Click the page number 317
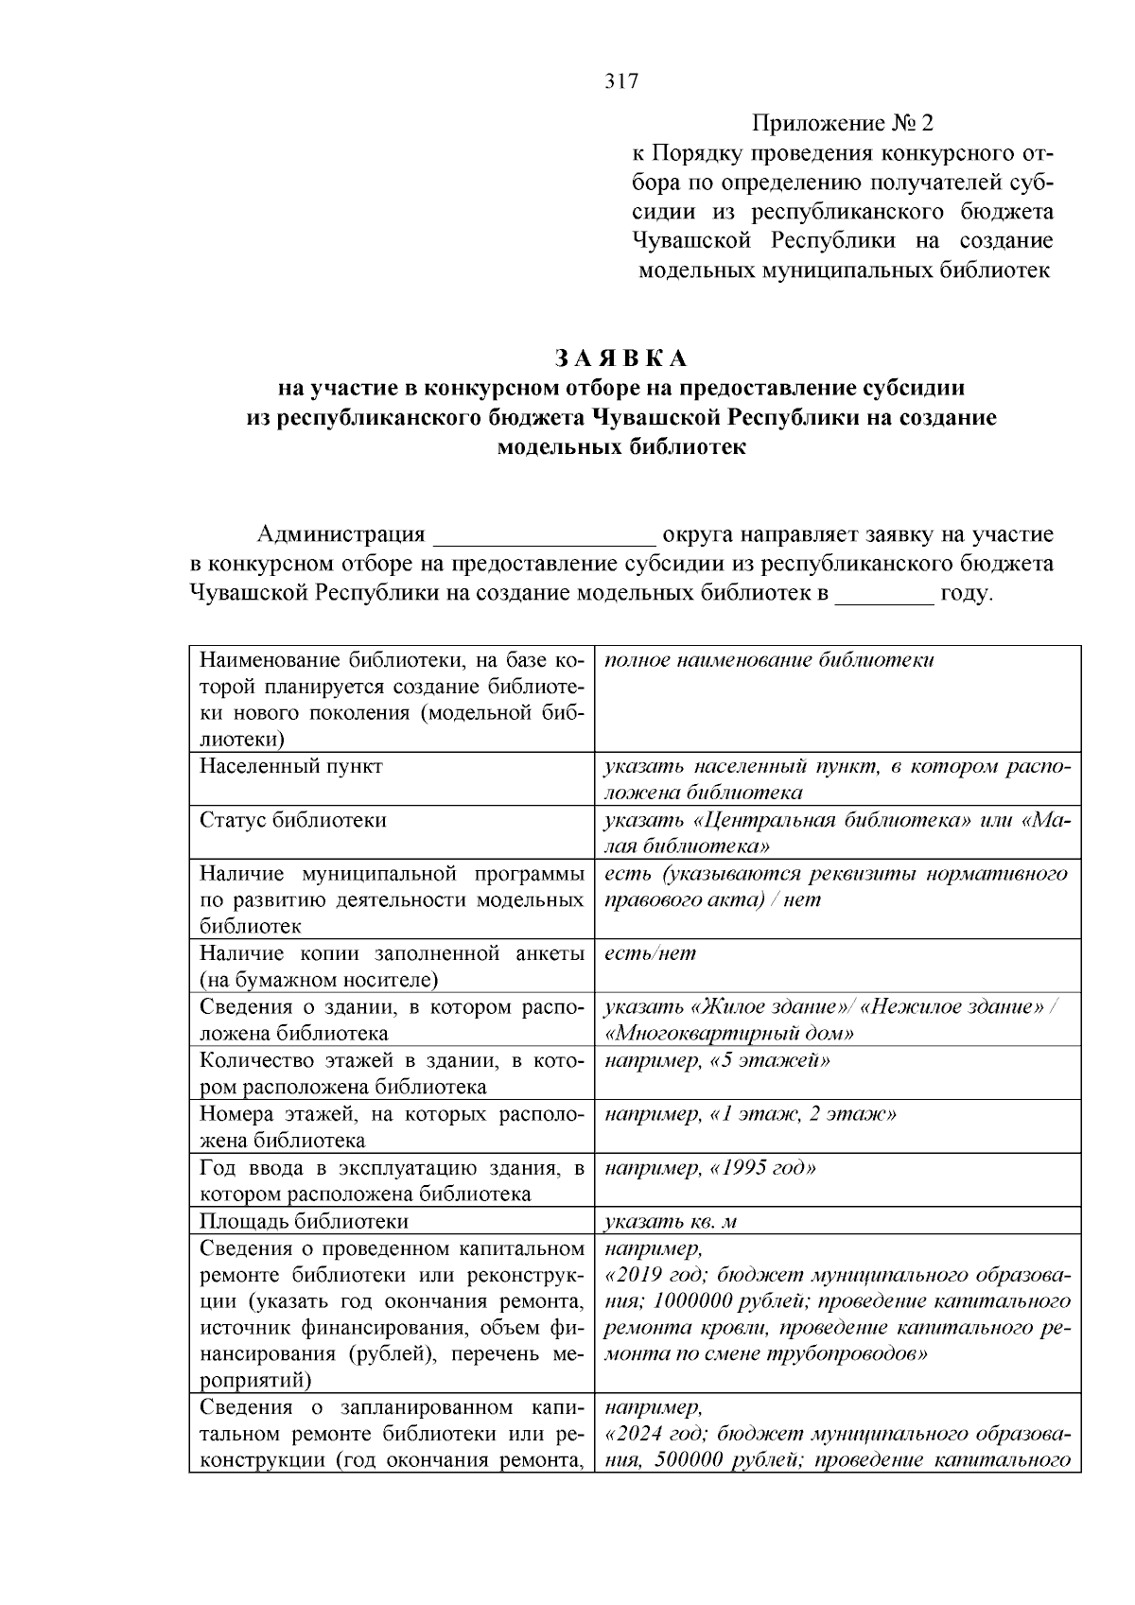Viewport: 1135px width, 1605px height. pos(621,81)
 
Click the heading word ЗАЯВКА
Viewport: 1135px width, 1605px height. pos(621,358)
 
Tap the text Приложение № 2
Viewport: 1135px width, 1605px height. pos(842,123)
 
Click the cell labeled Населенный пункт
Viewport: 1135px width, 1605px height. pos(291,766)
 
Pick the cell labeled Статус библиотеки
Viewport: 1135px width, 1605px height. pos(293,820)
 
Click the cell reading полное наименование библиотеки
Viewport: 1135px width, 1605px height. pos(769,659)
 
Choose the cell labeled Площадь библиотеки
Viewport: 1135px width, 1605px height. pos(305,1221)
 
